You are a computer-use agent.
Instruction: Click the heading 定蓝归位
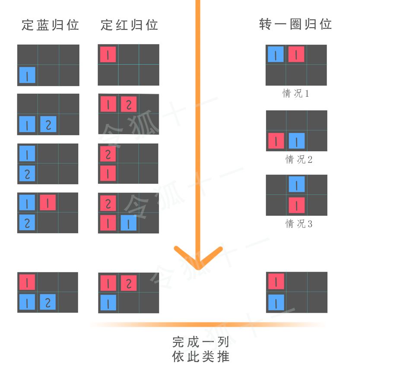(50, 25)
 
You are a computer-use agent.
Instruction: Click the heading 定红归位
(129, 25)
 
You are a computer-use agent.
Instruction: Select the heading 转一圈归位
(295, 24)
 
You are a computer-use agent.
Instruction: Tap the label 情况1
(296, 93)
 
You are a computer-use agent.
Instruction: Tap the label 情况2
(298, 159)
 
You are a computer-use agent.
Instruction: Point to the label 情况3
(298, 224)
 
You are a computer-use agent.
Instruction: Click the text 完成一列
(200, 342)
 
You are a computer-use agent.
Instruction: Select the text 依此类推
(200, 357)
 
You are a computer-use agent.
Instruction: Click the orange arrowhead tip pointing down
(198, 268)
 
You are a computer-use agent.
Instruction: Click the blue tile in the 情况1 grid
(276, 54)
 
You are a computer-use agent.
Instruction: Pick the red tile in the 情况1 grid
(296, 54)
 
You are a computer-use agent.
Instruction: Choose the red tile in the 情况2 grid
(276, 141)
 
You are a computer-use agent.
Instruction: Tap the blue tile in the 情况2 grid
(297, 141)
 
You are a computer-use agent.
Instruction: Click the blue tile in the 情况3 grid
(297, 184)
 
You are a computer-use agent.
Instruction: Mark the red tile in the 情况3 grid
(297, 206)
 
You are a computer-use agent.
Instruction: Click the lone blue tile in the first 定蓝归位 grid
(27, 75)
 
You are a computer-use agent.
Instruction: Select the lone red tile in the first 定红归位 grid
(108, 54)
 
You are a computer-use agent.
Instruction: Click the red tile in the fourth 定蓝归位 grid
(48, 202)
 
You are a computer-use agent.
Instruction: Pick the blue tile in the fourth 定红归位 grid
(128, 223)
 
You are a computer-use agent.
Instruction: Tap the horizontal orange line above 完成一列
(207, 324)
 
